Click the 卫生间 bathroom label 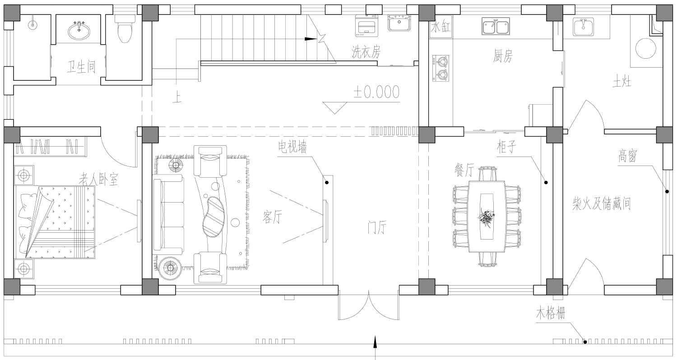[x=81, y=67]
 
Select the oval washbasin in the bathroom [x=79, y=31]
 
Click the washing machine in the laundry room [x=366, y=25]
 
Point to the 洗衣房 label [x=366, y=52]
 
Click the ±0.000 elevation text [x=376, y=92]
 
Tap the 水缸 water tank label [x=441, y=27]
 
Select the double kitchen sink [x=496, y=26]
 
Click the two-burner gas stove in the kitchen [x=441, y=68]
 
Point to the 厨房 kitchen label [x=503, y=56]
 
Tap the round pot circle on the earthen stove [x=645, y=48]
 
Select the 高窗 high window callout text [x=628, y=156]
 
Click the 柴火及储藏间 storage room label [x=602, y=203]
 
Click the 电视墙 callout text [x=292, y=147]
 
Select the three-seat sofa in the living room [x=168, y=214]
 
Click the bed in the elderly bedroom [x=55, y=222]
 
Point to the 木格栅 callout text [x=550, y=313]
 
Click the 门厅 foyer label [x=377, y=227]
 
